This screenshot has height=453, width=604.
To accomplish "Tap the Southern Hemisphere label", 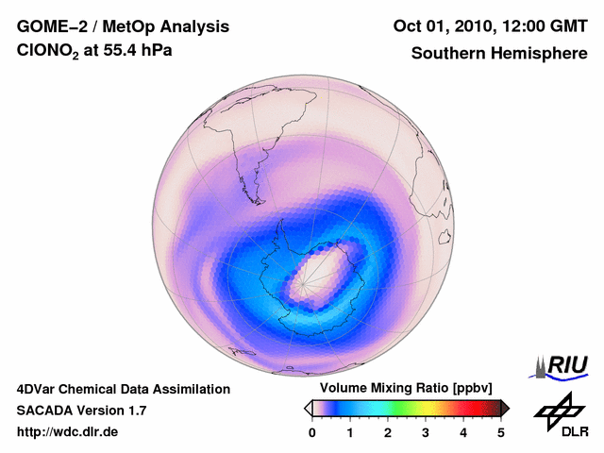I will click(x=499, y=54).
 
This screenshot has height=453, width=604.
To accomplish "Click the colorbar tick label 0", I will click(x=312, y=432).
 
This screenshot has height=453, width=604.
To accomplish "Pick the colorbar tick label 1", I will click(x=350, y=432).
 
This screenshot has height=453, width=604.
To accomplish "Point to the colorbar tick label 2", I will click(x=388, y=432).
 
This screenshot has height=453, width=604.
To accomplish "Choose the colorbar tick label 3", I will click(x=426, y=432).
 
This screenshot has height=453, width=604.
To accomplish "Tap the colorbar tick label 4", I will click(x=463, y=432).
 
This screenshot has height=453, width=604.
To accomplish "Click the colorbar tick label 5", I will click(x=501, y=432).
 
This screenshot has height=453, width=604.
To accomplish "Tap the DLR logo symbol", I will click(x=558, y=410).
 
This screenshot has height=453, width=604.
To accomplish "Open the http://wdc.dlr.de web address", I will click(x=68, y=432).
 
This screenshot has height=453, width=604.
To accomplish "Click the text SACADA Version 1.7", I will click(x=81, y=411).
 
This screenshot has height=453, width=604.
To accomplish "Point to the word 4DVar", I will click(x=39, y=389).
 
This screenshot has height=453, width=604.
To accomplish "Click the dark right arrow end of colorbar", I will click(x=505, y=407).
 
